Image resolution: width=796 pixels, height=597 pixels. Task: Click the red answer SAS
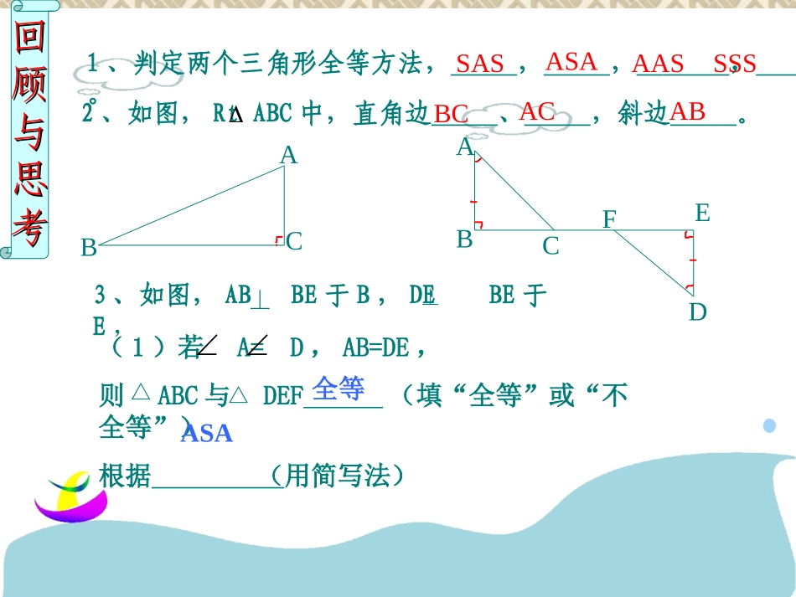(480, 64)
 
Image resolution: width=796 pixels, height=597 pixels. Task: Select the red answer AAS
(658, 64)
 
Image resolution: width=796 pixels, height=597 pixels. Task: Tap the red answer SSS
(735, 64)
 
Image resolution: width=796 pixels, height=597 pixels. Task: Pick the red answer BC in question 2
(451, 115)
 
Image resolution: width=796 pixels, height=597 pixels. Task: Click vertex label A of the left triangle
(288, 155)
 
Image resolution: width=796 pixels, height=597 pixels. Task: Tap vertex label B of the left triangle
(89, 248)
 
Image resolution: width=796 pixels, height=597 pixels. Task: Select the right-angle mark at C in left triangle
(279, 241)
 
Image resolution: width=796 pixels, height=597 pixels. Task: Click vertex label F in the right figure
(609, 219)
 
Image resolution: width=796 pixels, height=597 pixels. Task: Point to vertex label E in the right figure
(702, 214)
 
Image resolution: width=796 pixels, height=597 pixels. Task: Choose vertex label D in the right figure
(698, 312)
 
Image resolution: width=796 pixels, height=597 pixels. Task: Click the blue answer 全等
(339, 389)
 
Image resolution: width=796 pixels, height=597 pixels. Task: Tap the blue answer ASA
(206, 434)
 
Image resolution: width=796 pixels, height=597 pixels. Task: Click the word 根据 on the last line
(125, 476)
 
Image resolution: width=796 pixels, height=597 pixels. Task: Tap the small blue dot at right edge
(769, 426)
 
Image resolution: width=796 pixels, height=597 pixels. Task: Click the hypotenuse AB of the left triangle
(191, 206)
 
